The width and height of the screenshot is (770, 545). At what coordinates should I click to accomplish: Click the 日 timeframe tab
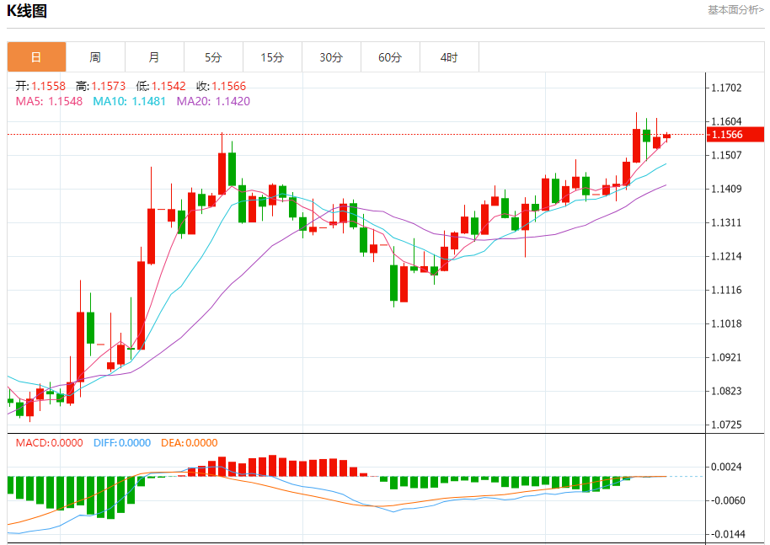36,57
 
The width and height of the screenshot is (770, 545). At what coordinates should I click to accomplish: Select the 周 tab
95,57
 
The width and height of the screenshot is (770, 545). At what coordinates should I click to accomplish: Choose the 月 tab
154,57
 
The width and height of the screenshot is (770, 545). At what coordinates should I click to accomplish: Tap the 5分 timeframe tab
213,57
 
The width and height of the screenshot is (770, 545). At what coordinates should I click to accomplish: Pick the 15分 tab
272,57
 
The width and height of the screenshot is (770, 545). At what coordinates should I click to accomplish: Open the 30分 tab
331,57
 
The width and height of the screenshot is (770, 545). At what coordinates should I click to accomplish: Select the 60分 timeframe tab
390,57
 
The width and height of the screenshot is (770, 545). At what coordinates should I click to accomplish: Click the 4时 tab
449,57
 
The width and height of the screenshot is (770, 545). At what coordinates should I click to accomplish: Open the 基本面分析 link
735,10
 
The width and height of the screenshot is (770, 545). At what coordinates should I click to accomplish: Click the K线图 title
27,11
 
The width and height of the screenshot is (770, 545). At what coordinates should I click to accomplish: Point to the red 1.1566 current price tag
735,135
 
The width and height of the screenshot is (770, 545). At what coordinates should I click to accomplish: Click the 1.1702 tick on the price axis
726,88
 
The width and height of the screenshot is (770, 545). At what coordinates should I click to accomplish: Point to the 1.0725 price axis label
726,425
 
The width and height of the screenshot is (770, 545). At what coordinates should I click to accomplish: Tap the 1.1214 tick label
726,256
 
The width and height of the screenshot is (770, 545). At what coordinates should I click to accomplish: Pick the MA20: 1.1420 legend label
213,101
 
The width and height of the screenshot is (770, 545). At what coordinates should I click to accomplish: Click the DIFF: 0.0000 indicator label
122,442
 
